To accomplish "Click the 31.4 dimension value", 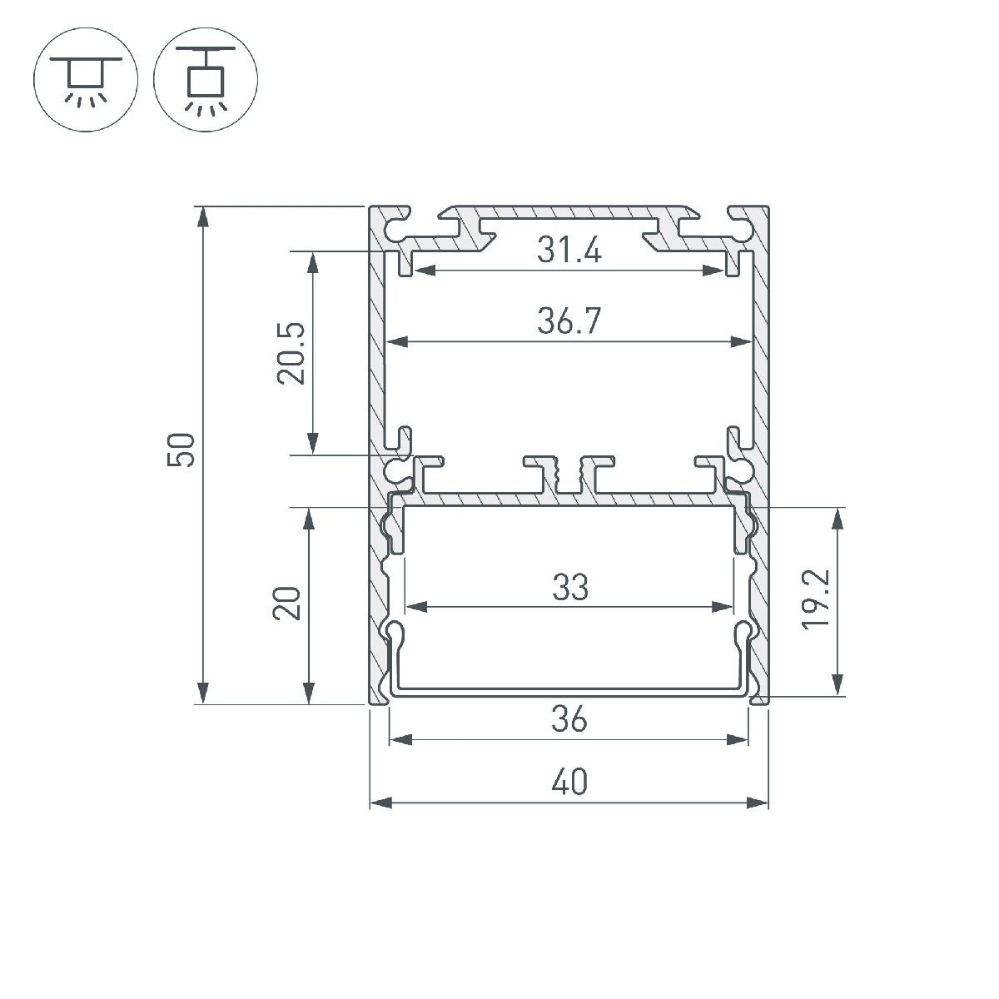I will pos(569,250).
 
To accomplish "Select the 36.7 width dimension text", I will pos(569,321).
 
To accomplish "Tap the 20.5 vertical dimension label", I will pos(292,353).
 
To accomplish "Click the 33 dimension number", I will pos(570,588).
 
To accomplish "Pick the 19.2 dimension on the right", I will pos(816,599).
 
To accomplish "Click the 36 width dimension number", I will pos(569,718).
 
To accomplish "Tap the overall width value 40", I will pos(569,783).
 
